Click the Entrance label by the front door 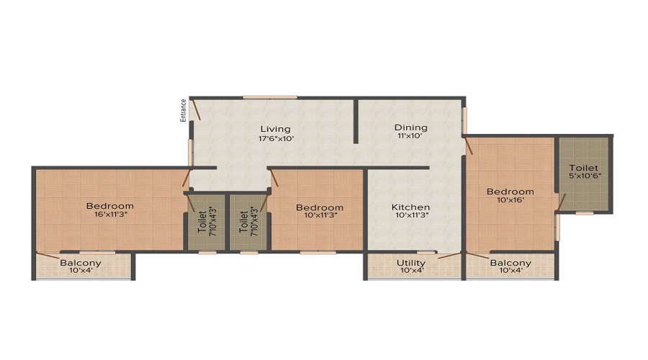click(183, 110)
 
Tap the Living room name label click(275, 130)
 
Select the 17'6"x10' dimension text click(276, 139)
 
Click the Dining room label click(411, 127)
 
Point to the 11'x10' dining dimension click(410, 135)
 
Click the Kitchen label click(411, 207)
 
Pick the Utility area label click(411, 263)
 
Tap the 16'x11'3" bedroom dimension click(109, 215)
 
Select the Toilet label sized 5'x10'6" click(583, 168)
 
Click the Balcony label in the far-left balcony click(81, 263)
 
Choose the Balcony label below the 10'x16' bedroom click(510, 263)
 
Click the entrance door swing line click(195, 109)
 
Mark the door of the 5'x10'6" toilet click(562, 202)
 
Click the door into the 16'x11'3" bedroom click(186, 178)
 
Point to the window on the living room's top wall click(270, 97)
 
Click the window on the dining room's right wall click(464, 121)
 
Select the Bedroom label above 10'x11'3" click(320, 207)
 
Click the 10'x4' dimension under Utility click(412, 271)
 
